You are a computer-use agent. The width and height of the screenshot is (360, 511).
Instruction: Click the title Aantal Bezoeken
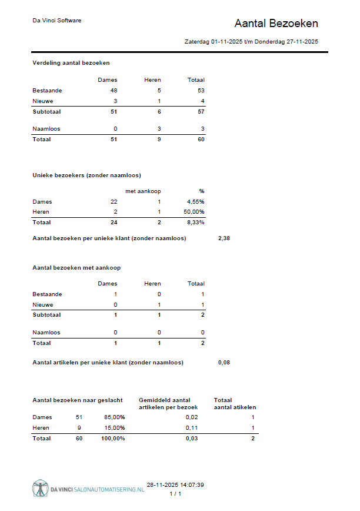276,24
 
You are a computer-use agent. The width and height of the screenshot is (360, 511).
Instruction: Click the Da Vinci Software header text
56,21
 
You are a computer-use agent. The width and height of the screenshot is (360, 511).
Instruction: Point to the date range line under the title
251,42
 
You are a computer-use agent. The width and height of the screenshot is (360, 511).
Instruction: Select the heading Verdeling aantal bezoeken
71,62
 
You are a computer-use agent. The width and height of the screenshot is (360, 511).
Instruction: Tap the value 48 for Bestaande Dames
114,91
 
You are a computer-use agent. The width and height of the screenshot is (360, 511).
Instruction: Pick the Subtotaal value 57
200,111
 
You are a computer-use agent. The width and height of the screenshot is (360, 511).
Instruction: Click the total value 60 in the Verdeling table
200,140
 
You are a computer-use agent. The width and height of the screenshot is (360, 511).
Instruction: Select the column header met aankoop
143,191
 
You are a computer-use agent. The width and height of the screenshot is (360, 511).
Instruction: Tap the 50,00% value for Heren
194,211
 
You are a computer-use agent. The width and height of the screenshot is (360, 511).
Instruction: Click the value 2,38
224,238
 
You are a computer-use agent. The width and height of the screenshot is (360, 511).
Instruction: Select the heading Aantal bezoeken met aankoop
76,267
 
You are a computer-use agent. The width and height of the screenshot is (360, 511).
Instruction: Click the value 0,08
224,362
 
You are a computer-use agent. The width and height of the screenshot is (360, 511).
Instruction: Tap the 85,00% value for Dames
114,417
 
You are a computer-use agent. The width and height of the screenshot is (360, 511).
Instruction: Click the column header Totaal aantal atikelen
235,403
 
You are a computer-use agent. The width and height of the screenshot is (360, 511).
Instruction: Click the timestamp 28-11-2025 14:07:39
175,485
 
